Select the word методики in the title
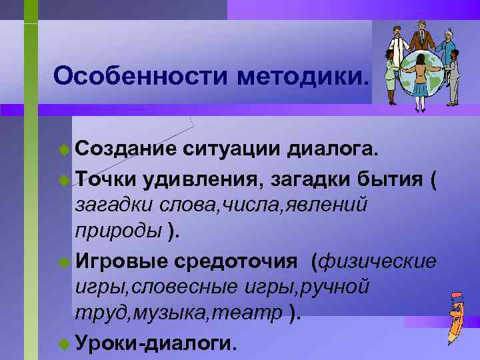[x=300, y=76]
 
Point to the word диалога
[x=333, y=151]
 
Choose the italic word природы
[x=118, y=231]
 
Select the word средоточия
[x=236, y=261]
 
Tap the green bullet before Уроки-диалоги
[x=63, y=343]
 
